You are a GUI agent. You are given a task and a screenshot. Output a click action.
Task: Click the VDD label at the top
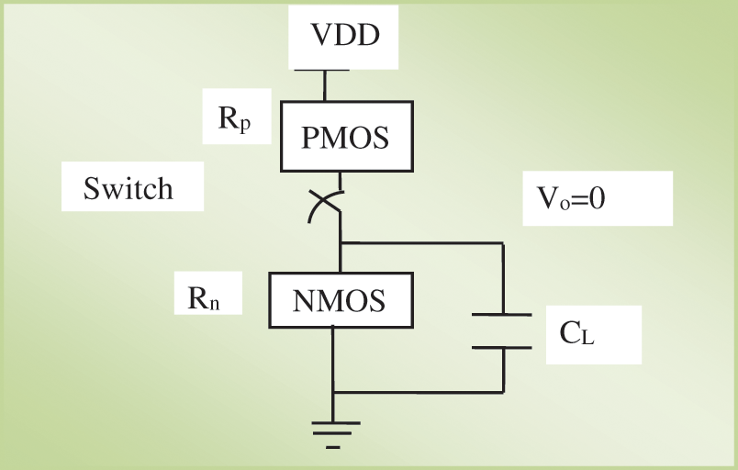pyautogui.click(x=344, y=37)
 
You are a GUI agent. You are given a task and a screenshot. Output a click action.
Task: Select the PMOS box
pyautogui.click(x=345, y=137)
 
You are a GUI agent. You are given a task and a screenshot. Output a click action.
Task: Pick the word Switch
pyautogui.click(x=129, y=188)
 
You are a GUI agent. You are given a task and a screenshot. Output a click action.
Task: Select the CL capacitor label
pyautogui.click(x=577, y=332)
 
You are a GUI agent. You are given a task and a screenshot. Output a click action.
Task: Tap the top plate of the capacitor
pyautogui.click(x=501, y=315)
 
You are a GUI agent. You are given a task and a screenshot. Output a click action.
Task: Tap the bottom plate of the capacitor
pyautogui.click(x=501, y=347)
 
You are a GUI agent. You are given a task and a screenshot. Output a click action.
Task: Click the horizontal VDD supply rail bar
pyautogui.click(x=320, y=70)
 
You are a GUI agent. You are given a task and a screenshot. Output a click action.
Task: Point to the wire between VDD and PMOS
pyautogui.click(x=324, y=86)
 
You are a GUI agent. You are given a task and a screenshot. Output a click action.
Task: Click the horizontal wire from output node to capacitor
pyautogui.click(x=422, y=243)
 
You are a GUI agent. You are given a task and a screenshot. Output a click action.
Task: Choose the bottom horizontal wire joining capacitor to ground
pyautogui.click(x=418, y=392)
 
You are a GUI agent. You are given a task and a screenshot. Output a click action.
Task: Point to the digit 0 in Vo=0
pyautogui.click(x=596, y=198)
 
